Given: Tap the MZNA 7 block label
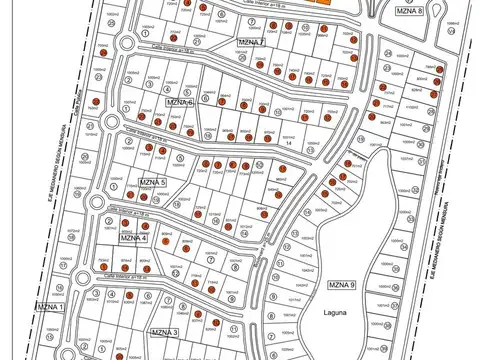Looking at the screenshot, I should (249, 42).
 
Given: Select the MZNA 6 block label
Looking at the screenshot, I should (180, 102).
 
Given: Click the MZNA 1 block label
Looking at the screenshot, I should (49, 306).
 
